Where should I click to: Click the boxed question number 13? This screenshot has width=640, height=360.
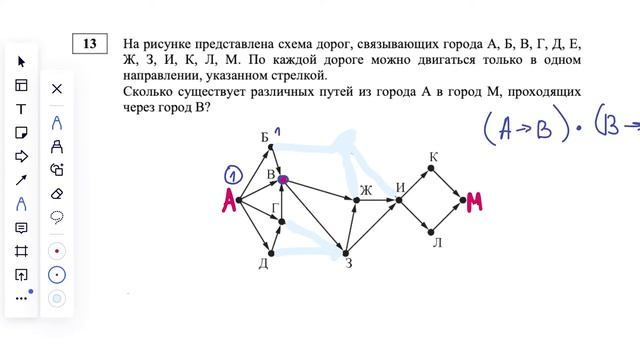(x=90, y=44)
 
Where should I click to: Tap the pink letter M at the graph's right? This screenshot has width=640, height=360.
(x=474, y=203)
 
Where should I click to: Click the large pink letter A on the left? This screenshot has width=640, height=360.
(x=227, y=202)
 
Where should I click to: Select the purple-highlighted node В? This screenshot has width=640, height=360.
(x=283, y=180)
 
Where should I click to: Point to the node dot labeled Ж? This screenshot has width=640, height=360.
(x=357, y=201)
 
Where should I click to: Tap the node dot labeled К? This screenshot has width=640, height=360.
(x=431, y=169)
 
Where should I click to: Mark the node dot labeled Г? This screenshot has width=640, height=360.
(x=282, y=222)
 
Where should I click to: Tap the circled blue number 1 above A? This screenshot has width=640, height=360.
(x=230, y=176)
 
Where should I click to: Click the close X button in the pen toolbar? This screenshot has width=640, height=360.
(x=57, y=89)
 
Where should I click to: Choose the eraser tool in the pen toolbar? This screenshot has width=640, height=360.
(x=57, y=193)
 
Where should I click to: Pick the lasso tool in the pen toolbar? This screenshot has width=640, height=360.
(x=57, y=217)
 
